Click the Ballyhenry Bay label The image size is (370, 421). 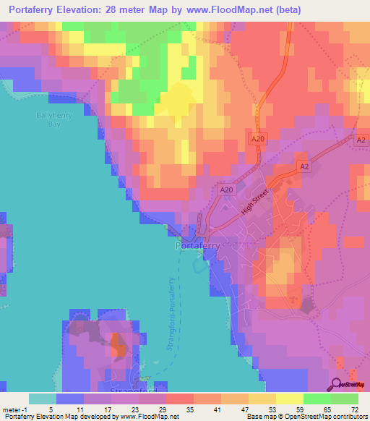click(50, 119)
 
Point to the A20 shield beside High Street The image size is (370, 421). click(226, 190)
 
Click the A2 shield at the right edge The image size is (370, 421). click(360, 143)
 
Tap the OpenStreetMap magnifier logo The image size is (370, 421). click(335, 385)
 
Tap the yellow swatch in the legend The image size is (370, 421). click(288, 399)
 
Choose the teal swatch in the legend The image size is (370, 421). click(42, 399)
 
